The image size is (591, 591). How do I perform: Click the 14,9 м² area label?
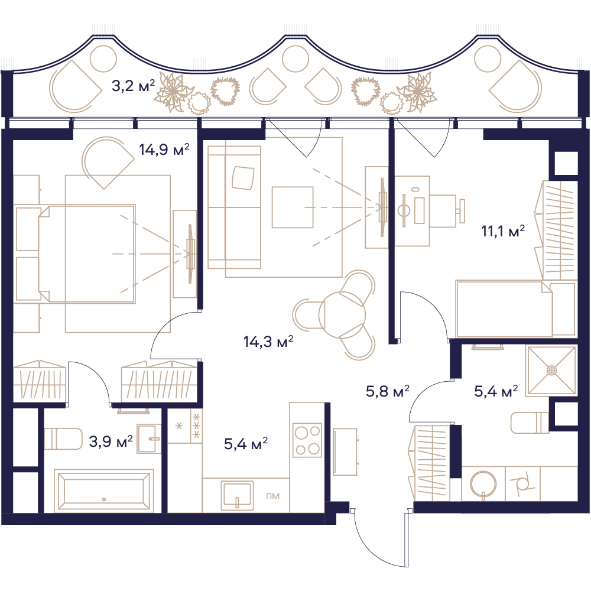(x=164, y=150)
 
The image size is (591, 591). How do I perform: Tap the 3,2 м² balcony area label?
(x=133, y=86)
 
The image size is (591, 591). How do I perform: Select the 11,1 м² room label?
(x=503, y=230)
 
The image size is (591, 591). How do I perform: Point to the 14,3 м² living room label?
(x=268, y=342)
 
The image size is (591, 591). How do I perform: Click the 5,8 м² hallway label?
(x=388, y=391)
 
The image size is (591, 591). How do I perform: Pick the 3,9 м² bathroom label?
(x=111, y=441)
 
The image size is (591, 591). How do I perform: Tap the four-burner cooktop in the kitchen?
(x=307, y=440)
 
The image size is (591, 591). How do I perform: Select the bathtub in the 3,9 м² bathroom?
(x=103, y=491)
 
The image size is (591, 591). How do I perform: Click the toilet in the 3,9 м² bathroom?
(x=63, y=439)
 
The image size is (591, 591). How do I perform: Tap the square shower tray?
(x=551, y=371)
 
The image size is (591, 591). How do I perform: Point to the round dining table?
(x=342, y=315)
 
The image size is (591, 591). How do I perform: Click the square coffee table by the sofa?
(x=293, y=207)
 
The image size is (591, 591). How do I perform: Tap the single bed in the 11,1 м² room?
(x=515, y=309)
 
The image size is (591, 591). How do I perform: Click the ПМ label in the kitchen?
(x=273, y=496)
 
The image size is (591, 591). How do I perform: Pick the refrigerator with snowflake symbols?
(x=184, y=426)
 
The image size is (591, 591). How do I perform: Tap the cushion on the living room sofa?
(x=243, y=177)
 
